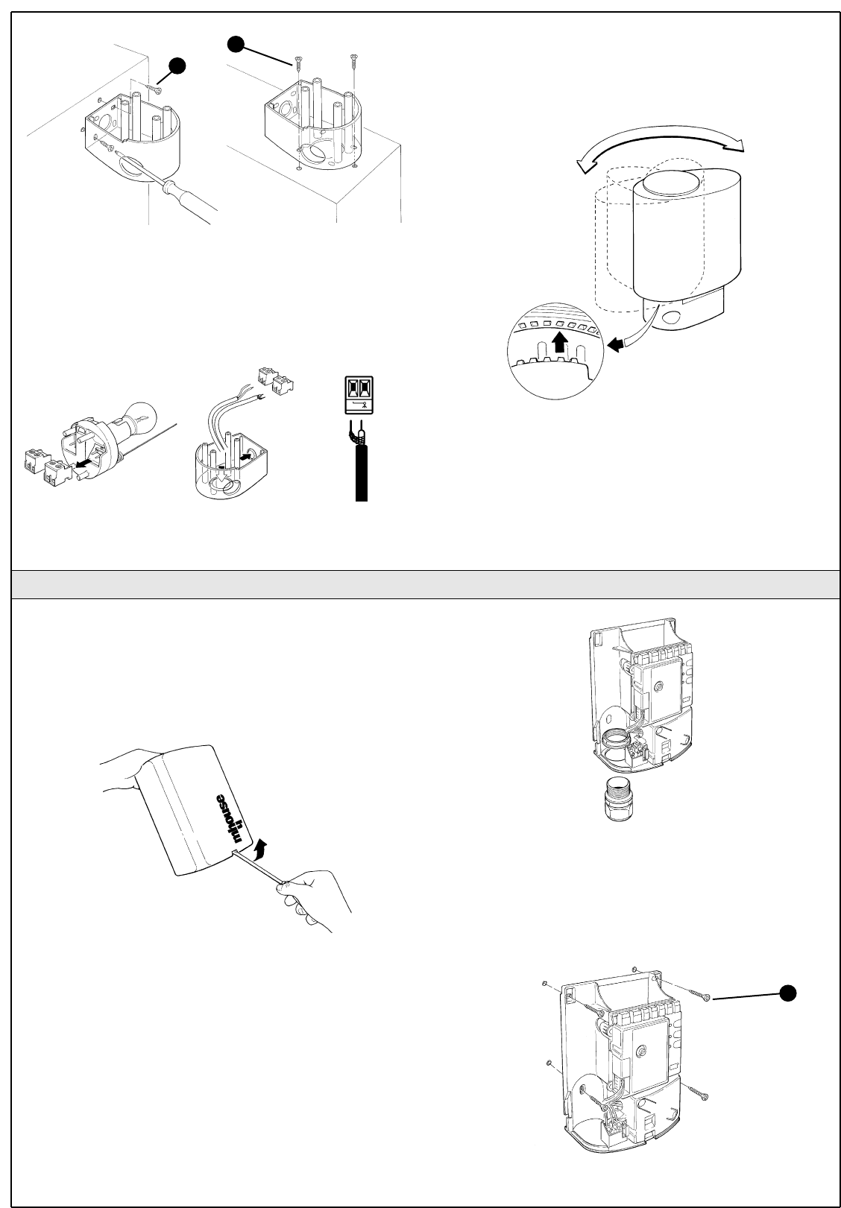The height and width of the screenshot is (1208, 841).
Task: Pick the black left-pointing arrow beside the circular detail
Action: [617, 344]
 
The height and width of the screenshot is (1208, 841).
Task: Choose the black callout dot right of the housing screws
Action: [788, 991]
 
